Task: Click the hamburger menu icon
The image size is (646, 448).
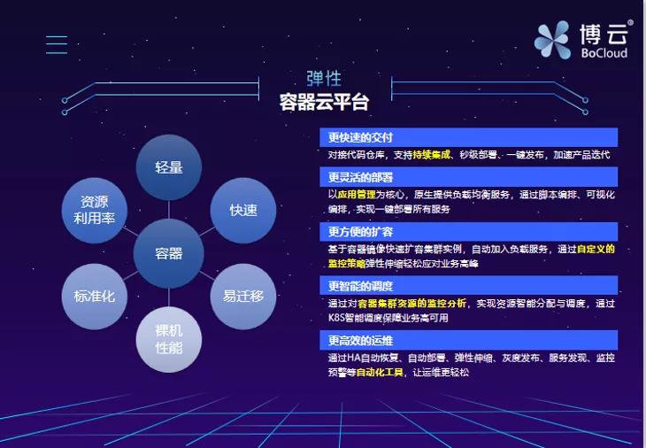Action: tap(57, 44)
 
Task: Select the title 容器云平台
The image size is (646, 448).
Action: tap(324, 103)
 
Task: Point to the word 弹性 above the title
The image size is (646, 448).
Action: tap(324, 80)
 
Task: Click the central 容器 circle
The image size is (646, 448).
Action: tap(168, 254)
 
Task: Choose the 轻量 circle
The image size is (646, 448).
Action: tap(168, 167)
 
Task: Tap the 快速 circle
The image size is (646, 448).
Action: tap(243, 211)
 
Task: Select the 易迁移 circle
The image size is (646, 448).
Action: tap(243, 297)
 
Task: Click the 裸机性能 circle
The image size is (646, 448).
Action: tap(168, 340)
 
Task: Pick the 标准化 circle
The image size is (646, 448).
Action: tap(94, 297)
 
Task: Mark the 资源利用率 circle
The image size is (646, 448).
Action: tap(94, 210)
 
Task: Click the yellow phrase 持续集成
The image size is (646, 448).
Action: tap(433, 154)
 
